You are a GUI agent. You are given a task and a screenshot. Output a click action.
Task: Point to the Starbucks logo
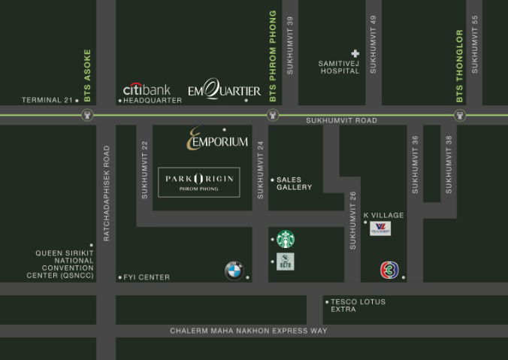(286, 240)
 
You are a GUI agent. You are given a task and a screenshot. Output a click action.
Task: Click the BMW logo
(234, 271)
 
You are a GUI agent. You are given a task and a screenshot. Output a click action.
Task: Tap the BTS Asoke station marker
(88, 115)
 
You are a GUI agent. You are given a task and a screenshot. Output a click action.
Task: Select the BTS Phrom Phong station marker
(273, 115)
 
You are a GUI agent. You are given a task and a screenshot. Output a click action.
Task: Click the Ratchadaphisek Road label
(107, 192)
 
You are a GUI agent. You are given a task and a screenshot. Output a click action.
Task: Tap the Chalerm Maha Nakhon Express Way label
(249, 331)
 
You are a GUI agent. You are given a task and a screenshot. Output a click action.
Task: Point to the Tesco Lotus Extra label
(358, 305)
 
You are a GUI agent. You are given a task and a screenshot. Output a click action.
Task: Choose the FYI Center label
(147, 277)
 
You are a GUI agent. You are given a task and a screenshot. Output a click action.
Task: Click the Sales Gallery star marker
(272, 180)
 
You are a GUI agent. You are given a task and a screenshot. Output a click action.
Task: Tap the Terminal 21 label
(46, 100)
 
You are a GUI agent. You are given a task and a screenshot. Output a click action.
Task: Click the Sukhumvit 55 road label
(475, 54)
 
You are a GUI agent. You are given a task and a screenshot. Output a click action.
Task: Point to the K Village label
(384, 215)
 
